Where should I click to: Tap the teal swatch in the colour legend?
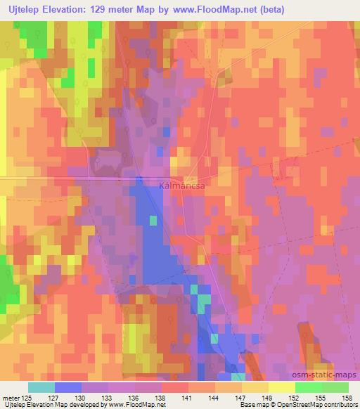tap(41, 387)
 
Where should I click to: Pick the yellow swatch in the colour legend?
tap(281, 387)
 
